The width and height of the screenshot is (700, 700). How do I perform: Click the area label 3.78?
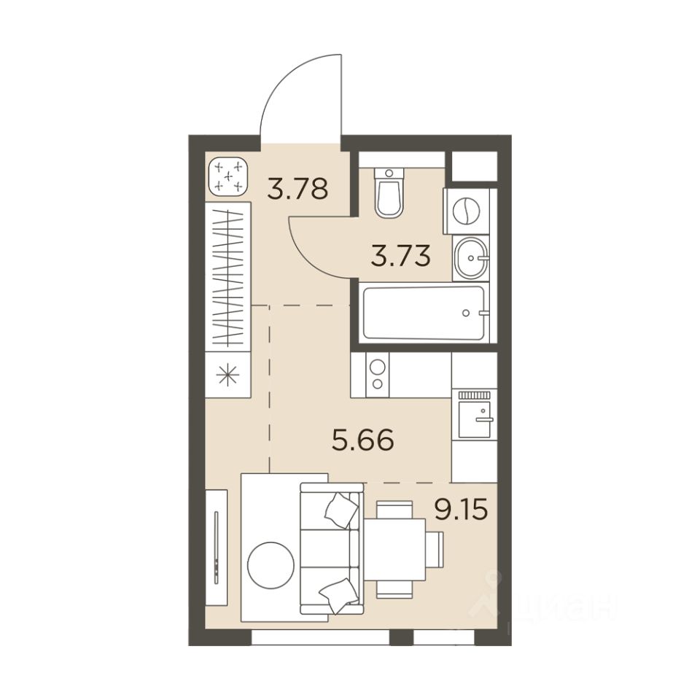297,189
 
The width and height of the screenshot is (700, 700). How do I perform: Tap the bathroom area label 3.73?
400,256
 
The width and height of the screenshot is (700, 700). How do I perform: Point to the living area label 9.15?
461,510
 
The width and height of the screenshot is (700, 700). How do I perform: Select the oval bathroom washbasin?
470,257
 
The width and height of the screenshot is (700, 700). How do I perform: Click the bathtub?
424,313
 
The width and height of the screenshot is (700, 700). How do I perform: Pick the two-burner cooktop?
378,375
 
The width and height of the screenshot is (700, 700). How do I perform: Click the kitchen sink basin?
475,419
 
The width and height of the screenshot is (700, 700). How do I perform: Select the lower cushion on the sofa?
339,596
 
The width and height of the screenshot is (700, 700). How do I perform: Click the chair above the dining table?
394,510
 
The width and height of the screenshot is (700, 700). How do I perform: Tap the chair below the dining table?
394,589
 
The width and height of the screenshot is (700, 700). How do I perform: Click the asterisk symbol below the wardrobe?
227,374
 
